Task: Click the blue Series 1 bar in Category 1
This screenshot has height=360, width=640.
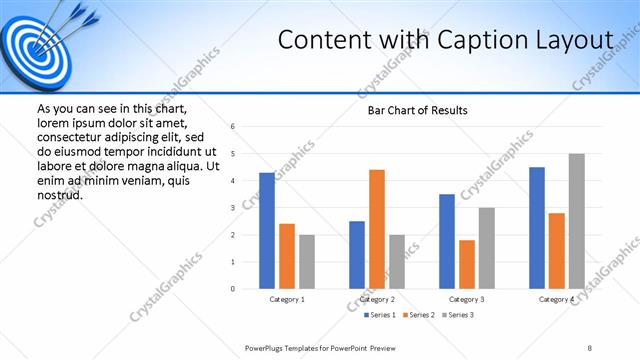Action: click(x=267, y=231)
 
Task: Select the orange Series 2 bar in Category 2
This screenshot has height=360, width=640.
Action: click(x=377, y=229)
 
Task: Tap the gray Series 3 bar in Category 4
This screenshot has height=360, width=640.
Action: click(x=576, y=221)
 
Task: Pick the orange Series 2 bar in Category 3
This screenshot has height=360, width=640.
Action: click(x=467, y=264)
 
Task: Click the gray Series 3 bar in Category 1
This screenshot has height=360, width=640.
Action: click(x=306, y=262)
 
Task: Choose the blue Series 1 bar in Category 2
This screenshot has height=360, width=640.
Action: click(x=357, y=255)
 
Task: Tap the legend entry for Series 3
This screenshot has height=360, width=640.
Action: click(x=456, y=315)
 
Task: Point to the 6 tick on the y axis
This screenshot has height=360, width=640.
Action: click(x=232, y=127)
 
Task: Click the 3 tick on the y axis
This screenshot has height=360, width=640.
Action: click(x=232, y=208)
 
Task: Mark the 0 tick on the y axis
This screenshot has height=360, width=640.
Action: click(x=232, y=289)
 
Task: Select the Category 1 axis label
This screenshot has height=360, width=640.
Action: click(x=287, y=299)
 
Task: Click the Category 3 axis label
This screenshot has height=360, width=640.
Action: click(x=467, y=299)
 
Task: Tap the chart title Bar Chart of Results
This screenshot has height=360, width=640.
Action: click(x=411, y=109)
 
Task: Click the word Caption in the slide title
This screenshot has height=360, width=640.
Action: click(x=477, y=39)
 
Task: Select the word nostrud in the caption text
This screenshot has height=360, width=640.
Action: click(x=59, y=194)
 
